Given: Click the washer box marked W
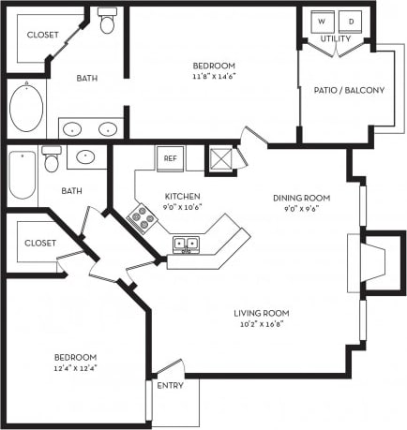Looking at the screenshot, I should click(321, 21).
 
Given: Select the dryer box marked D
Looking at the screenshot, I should click(352, 21).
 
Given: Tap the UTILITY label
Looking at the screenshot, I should click(336, 39).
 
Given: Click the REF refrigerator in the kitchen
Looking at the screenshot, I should click(170, 158).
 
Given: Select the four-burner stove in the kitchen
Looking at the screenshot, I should click(143, 220).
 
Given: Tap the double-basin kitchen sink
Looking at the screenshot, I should click(185, 245).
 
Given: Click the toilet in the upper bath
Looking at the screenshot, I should click(107, 21).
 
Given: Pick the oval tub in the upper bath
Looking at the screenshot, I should click(26, 109).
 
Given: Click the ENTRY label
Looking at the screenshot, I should click(170, 385).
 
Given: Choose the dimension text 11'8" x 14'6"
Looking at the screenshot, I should click(214, 78).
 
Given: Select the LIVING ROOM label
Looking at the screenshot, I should click(262, 313).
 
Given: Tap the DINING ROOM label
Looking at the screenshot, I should click(299, 198).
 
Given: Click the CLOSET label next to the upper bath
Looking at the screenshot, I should click(42, 35).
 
